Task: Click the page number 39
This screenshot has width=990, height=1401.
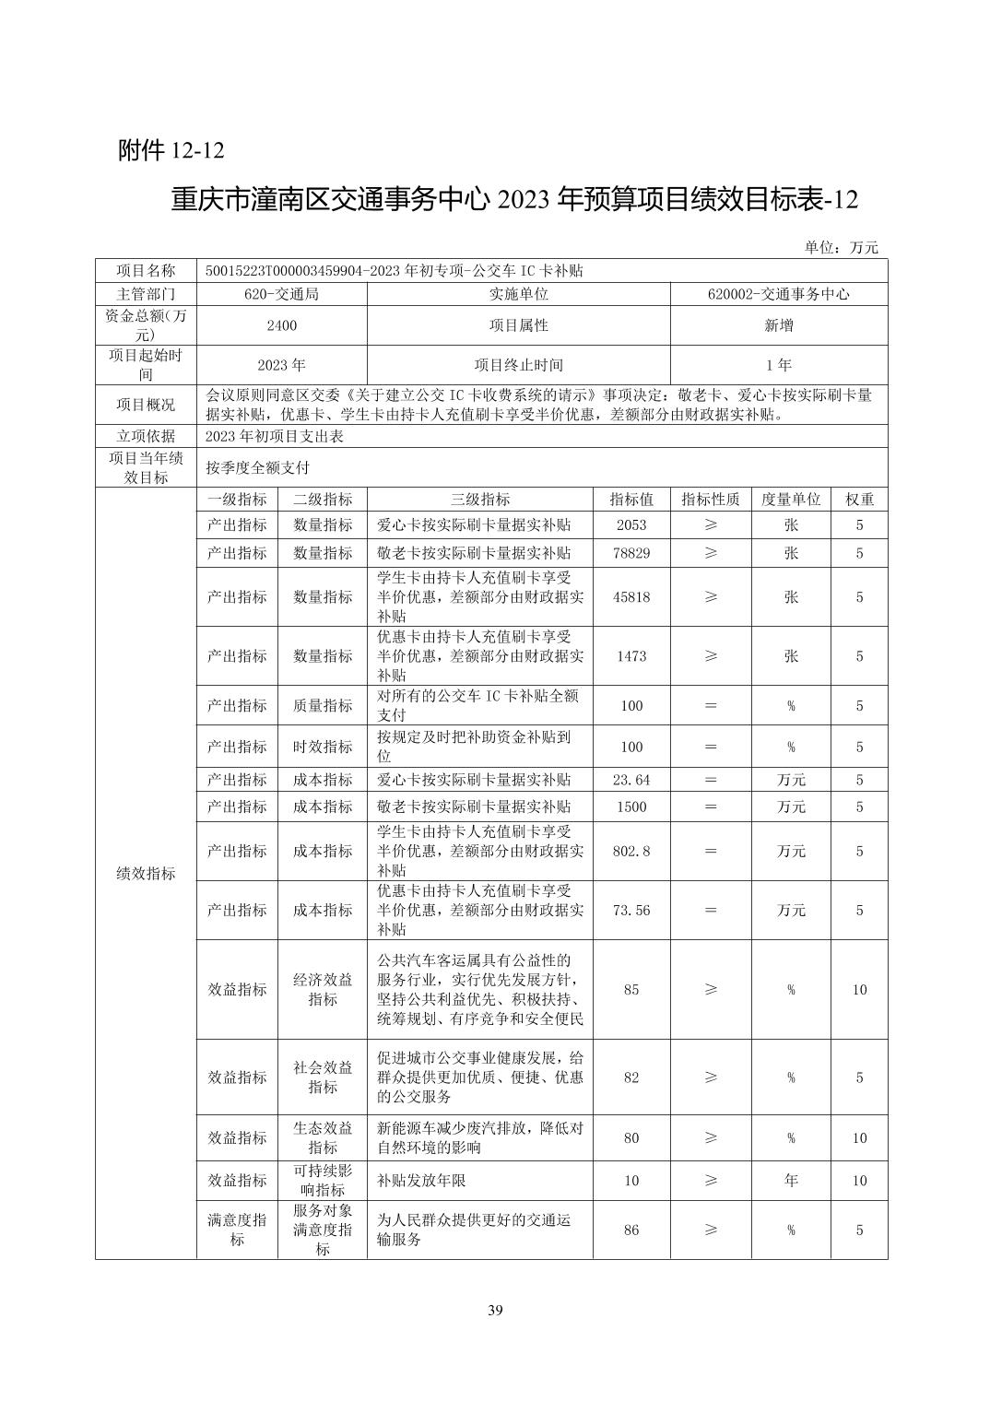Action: (495, 1311)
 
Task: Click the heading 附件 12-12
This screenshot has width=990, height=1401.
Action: (171, 150)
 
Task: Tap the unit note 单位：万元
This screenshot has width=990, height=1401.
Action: (841, 247)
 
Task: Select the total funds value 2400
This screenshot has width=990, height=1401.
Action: (281, 325)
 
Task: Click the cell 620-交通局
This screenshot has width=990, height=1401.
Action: (281, 294)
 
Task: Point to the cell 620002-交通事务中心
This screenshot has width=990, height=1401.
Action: (778, 294)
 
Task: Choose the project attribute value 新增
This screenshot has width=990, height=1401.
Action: (778, 325)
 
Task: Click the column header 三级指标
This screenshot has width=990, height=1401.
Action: (479, 500)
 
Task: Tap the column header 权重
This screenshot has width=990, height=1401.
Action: (859, 500)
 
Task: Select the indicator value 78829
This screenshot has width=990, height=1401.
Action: (631, 553)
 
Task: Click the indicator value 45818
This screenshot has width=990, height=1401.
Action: (631, 597)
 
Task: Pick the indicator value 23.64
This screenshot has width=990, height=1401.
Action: (631, 780)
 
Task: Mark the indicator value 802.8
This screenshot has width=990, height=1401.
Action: (631, 851)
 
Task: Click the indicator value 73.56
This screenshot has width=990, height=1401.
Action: (631, 910)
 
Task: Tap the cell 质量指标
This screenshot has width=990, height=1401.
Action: (323, 706)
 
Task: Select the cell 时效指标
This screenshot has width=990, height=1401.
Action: (323, 747)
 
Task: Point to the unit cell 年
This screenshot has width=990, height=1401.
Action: (791, 1181)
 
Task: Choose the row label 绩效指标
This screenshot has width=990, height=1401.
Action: (146, 873)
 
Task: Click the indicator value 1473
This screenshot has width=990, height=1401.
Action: (631, 656)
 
